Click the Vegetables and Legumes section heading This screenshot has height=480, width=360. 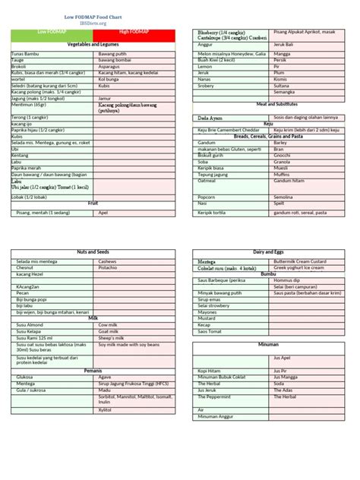(x=93, y=46)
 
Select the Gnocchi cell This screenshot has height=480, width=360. (x=282, y=156)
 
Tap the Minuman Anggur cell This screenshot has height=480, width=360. (x=216, y=416)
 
